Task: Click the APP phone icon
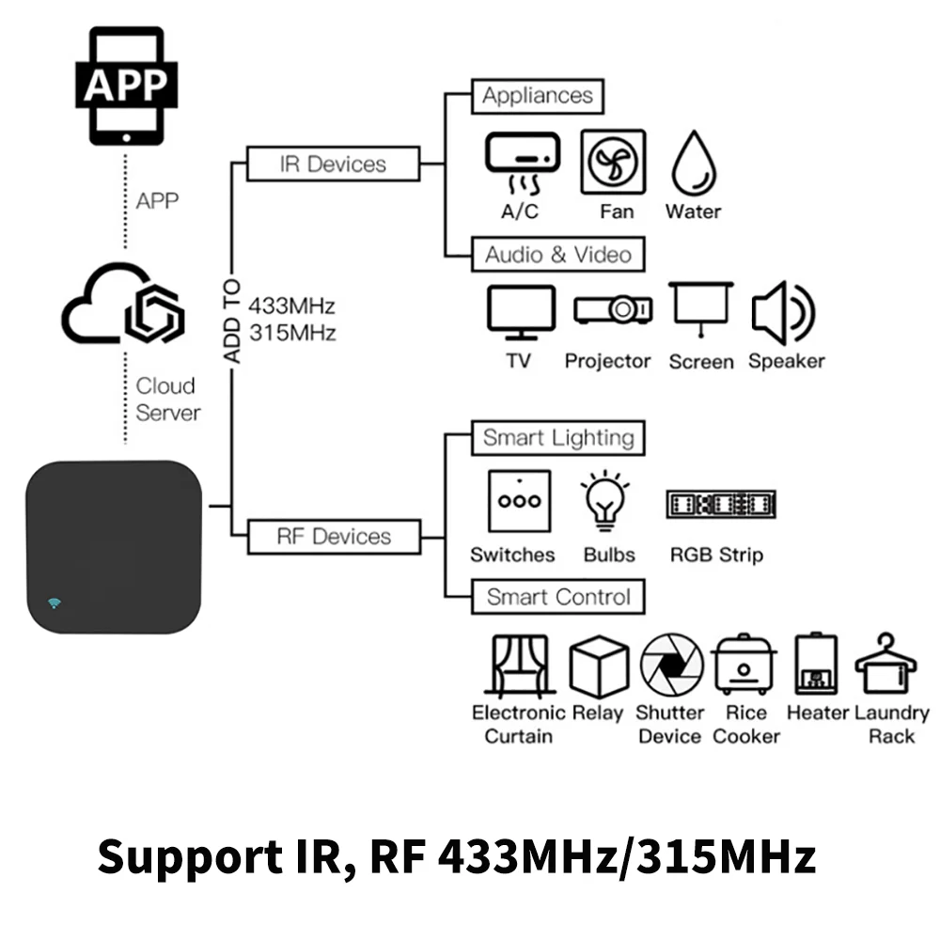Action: [x=127, y=86]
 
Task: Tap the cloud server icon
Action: [x=123, y=303]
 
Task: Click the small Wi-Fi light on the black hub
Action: [x=55, y=603]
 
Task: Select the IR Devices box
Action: [x=334, y=164]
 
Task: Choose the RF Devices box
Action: [x=334, y=537]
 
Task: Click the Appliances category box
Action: [x=538, y=96]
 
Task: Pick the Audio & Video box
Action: [x=558, y=255]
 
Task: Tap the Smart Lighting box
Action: [x=558, y=438]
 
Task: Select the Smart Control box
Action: [x=558, y=597]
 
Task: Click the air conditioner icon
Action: [x=523, y=163]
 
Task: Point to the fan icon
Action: [x=613, y=162]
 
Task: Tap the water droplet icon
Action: [x=695, y=163]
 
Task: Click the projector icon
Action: [x=613, y=309]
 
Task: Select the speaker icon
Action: [x=784, y=312]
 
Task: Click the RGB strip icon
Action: [x=721, y=504]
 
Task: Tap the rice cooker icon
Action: [x=744, y=665]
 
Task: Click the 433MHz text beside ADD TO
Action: [x=292, y=305]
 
